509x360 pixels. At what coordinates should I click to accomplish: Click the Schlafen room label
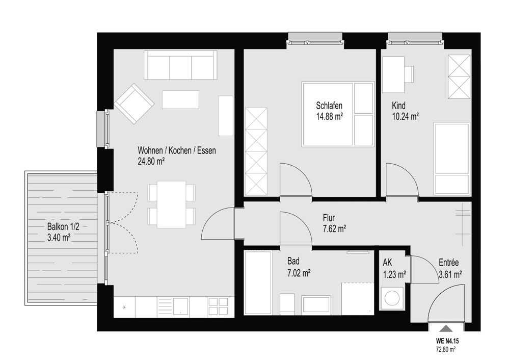pyautogui.click(x=329, y=106)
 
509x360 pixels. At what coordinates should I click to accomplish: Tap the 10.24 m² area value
pyautogui.click(x=406, y=116)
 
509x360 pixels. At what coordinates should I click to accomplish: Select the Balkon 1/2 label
pyautogui.click(x=63, y=226)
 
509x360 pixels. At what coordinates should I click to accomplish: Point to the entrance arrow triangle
pyautogui.click(x=447, y=328)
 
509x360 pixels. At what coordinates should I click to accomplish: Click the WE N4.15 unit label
pyautogui.click(x=447, y=342)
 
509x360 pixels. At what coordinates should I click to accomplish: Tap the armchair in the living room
pyautogui.click(x=134, y=104)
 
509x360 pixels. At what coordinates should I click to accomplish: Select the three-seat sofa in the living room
pyautogui.click(x=180, y=65)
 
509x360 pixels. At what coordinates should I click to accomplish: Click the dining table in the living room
pyautogui.click(x=171, y=204)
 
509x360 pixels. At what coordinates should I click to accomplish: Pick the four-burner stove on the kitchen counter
pyautogui.click(x=218, y=306)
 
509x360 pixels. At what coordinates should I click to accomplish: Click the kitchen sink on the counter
pyautogui.click(x=180, y=306)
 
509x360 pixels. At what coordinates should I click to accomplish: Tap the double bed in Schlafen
pyautogui.click(x=338, y=114)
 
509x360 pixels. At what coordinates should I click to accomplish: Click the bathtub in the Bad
pyautogui.click(x=258, y=282)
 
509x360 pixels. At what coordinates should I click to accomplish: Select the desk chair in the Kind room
pyautogui.click(x=409, y=74)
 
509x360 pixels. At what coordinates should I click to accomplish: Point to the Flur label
pyautogui.click(x=329, y=218)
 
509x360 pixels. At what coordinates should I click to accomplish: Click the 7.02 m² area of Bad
pyautogui.click(x=299, y=273)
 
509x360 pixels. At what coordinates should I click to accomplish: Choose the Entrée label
pyautogui.click(x=448, y=263)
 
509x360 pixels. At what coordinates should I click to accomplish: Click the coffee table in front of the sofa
pyautogui.click(x=180, y=100)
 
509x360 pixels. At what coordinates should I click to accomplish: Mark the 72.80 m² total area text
pyautogui.click(x=445, y=350)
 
